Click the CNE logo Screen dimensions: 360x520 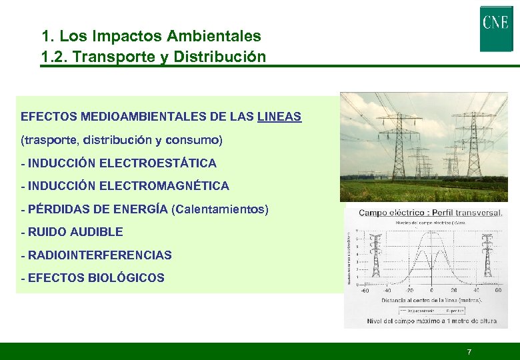click(496, 29)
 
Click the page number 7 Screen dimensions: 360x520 click(469, 351)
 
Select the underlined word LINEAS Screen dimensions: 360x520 click(279, 117)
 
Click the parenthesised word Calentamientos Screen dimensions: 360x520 click(220, 209)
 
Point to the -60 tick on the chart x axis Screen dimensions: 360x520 click(364, 291)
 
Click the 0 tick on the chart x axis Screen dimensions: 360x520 click(431, 291)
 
